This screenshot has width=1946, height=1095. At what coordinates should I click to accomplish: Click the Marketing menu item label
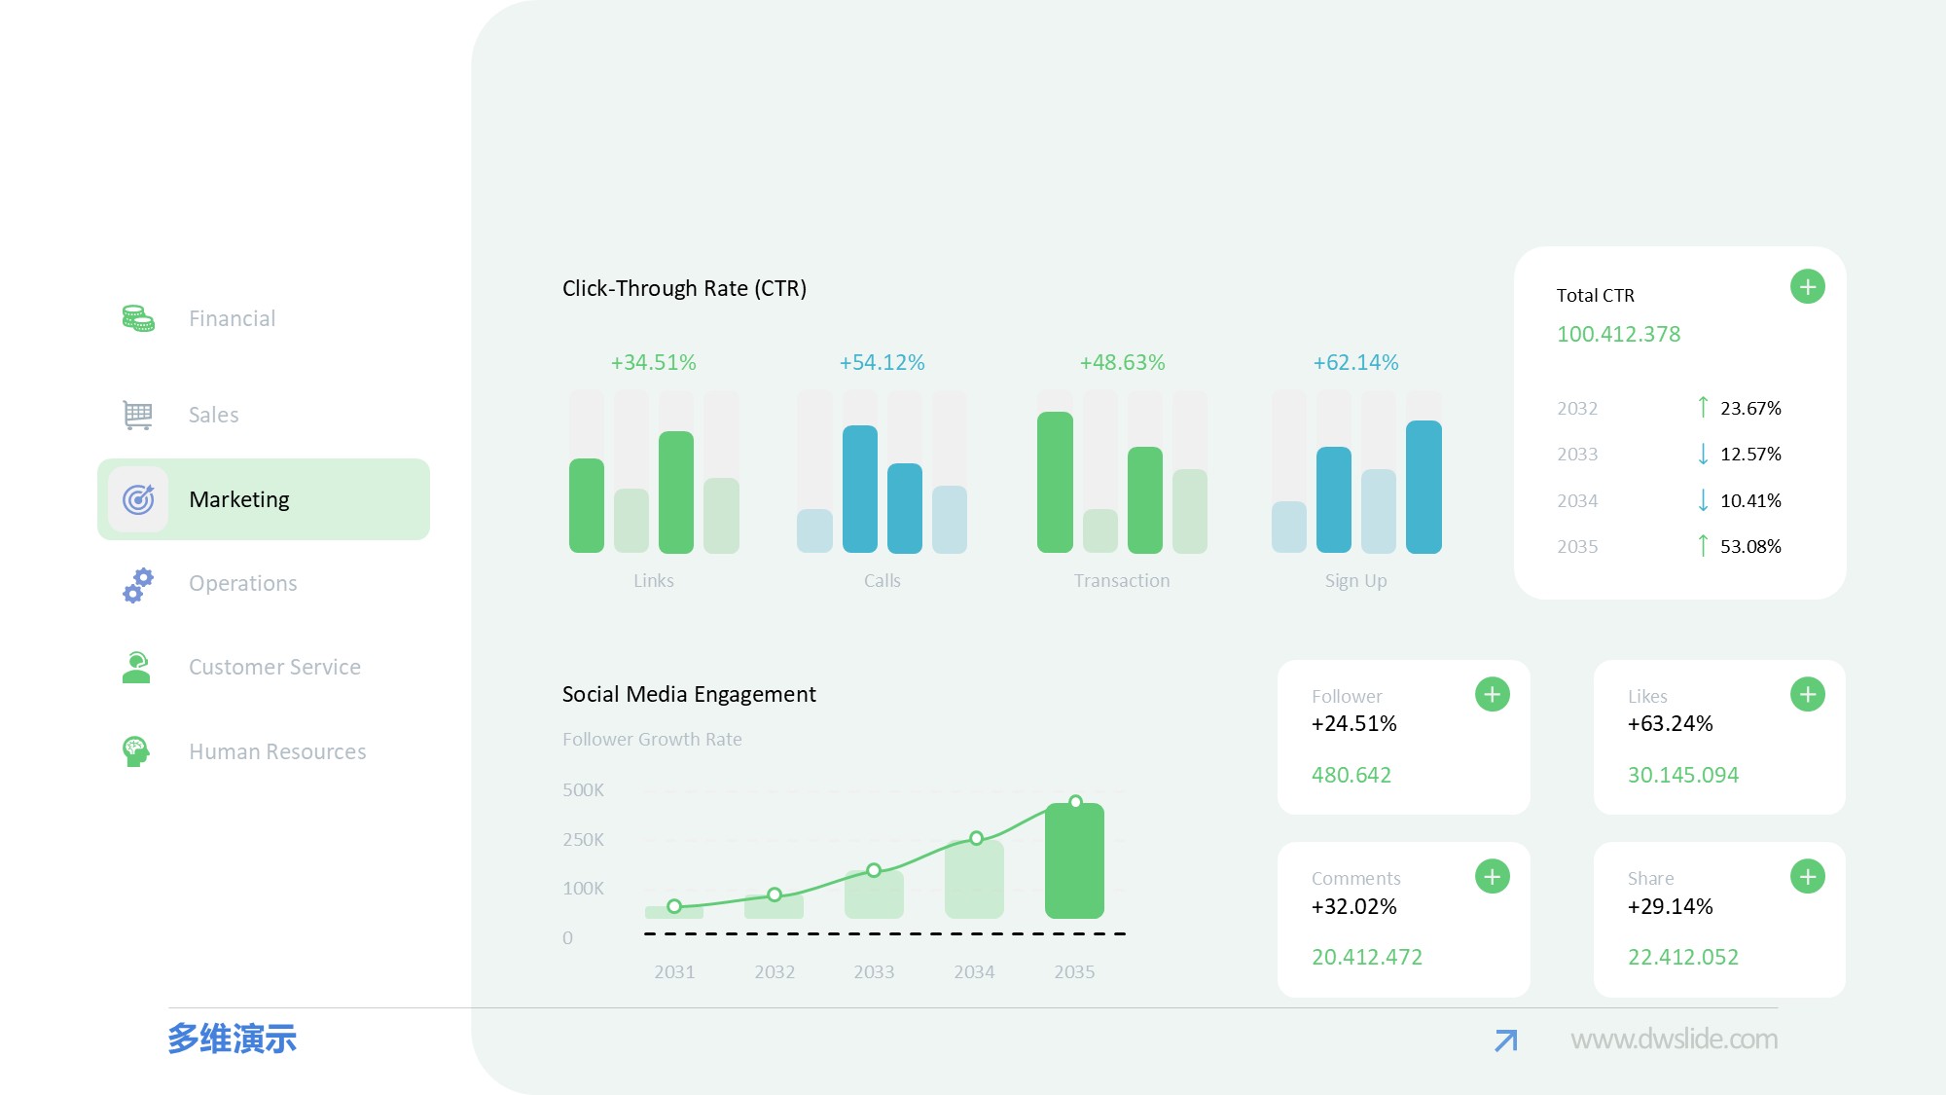coord(239,499)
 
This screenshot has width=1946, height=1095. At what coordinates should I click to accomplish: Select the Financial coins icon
coord(138,318)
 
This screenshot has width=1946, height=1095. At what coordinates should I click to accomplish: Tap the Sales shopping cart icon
coord(138,415)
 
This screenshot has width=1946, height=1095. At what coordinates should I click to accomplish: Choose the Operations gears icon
coord(138,584)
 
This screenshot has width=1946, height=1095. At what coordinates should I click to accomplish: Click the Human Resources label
coord(277,751)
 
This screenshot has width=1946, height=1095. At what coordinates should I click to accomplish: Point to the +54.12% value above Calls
coord(882,363)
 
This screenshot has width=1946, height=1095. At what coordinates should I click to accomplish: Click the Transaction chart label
coord(1122,581)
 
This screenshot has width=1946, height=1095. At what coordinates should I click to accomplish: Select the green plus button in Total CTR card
coord(1807,287)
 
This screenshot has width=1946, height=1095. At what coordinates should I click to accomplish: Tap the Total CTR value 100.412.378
coord(1618,335)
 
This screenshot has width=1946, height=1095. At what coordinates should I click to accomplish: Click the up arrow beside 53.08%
coord(1703,546)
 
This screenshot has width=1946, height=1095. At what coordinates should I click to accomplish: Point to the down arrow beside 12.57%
coord(1703,455)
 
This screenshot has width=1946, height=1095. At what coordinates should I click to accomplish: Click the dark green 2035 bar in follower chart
coord(1074,861)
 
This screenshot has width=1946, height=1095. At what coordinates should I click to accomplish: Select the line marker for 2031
coord(674,906)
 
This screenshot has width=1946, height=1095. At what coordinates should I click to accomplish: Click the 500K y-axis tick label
coord(583,790)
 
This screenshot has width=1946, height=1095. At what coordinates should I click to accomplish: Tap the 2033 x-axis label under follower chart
coord(874,972)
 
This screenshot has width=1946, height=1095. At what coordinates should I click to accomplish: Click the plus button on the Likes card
coord(1807,695)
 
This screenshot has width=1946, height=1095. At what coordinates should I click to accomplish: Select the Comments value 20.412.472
coord(1366,958)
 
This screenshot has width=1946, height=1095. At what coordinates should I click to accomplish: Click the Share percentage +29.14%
coord(1670,907)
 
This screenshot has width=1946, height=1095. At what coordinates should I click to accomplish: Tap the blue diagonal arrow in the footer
coord(1505,1040)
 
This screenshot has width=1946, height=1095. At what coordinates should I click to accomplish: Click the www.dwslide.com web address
coord(1674,1040)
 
